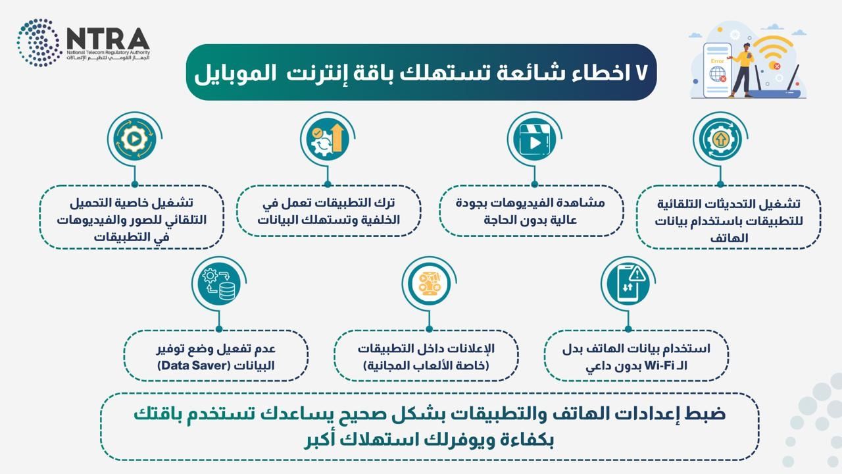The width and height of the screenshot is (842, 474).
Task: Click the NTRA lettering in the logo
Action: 108,38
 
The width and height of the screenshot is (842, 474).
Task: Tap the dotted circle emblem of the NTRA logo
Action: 39,43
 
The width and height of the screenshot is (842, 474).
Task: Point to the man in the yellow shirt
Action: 741,70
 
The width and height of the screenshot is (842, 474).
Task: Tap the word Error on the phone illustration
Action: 717,61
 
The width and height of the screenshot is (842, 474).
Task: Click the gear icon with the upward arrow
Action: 720,140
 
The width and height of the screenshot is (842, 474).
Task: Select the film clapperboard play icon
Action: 534,139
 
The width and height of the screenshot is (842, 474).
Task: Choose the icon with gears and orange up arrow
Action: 328,139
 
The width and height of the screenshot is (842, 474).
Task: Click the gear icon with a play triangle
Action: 134,139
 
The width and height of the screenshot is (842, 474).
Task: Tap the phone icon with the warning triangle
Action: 628,284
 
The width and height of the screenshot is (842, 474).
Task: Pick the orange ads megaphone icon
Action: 429,284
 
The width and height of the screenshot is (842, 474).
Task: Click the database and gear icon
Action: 219,284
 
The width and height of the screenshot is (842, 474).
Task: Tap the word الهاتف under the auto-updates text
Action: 729,238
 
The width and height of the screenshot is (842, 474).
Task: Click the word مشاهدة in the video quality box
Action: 585,203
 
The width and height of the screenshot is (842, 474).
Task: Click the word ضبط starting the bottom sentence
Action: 706,414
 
